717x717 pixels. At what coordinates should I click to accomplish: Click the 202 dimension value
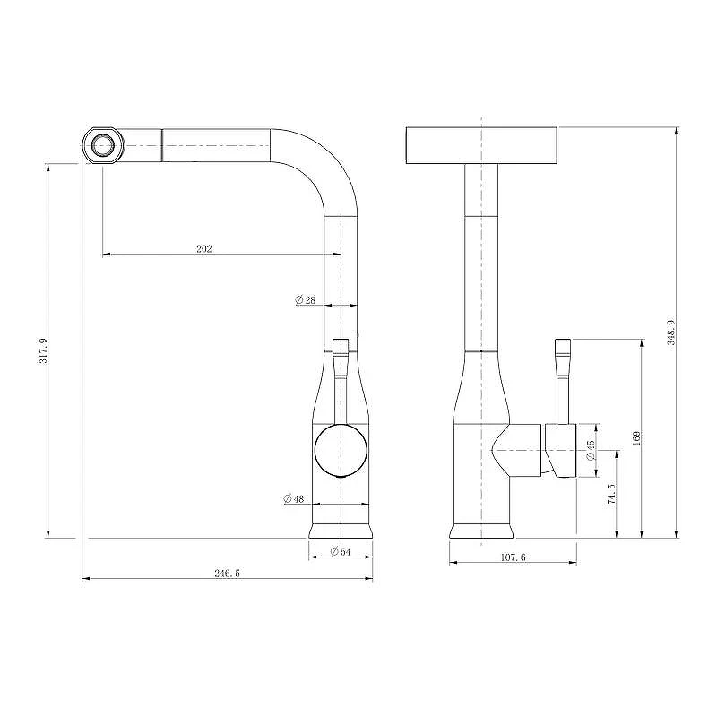[x=204, y=249]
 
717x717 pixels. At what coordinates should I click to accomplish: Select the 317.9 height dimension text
[x=43, y=350]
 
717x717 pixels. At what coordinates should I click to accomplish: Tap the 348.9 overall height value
[x=671, y=333]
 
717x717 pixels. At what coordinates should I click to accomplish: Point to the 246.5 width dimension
[x=228, y=574]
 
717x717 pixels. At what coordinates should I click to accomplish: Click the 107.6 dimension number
[x=513, y=557]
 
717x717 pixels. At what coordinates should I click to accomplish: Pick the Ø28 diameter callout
[x=306, y=300]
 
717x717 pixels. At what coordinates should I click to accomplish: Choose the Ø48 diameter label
[x=294, y=499]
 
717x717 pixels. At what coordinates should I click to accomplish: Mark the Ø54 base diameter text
[x=341, y=551]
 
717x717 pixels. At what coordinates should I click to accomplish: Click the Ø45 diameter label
[x=591, y=450]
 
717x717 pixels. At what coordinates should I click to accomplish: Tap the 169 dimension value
[x=636, y=437]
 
